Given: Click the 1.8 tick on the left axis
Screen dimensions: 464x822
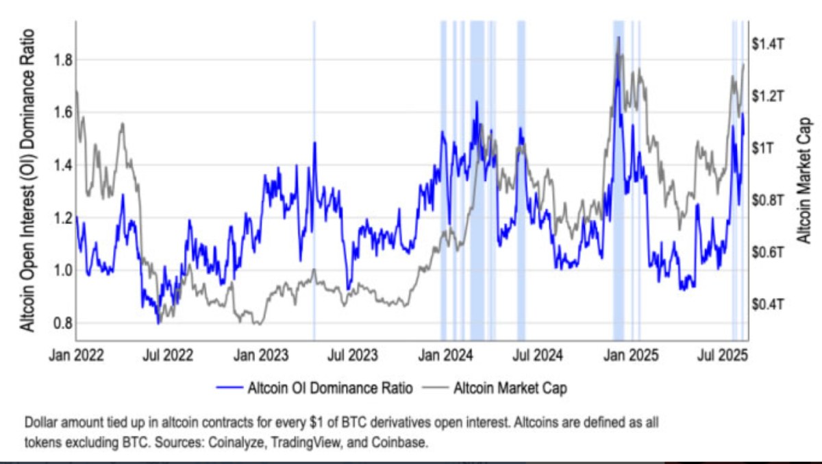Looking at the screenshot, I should [62, 60].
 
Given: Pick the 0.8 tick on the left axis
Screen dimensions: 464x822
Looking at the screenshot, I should [62, 323].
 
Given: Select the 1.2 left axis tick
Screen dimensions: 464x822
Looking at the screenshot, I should [62, 218].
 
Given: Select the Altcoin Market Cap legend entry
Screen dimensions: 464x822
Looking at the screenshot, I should [510, 389].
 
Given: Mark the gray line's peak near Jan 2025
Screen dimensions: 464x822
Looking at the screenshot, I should [619, 37].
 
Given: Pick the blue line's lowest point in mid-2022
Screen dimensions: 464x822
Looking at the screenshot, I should [158, 323].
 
